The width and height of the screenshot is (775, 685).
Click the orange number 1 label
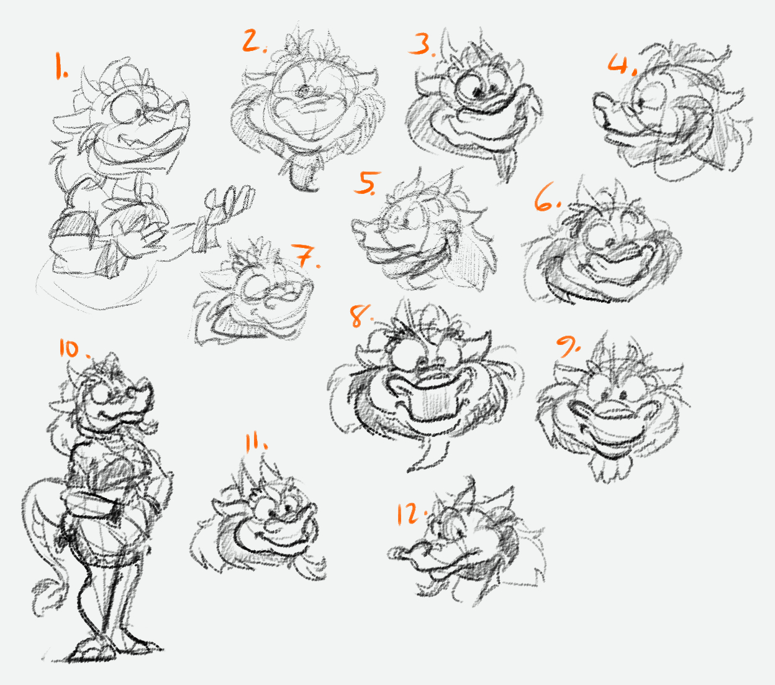pyautogui.click(x=61, y=66)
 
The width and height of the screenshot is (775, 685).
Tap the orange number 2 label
pyautogui.click(x=255, y=42)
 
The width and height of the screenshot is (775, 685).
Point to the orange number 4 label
pyautogui.click(x=622, y=63)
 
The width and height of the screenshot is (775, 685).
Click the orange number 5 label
pyautogui.click(x=366, y=183)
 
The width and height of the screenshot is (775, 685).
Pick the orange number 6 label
pyautogui.click(x=547, y=197)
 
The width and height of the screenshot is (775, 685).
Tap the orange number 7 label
pyautogui.click(x=306, y=255)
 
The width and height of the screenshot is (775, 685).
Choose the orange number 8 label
pyautogui.click(x=361, y=316)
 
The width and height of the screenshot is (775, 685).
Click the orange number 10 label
pyautogui.click(x=75, y=349)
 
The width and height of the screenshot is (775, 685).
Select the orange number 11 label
pyautogui.click(x=256, y=443)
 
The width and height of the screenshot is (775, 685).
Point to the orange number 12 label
pyautogui.click(x=411, y=514)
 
